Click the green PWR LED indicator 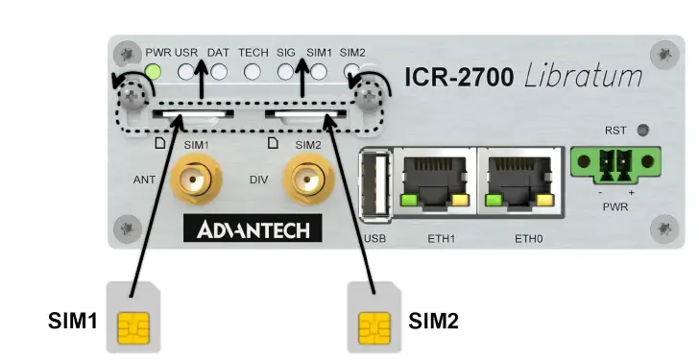tap(154, 71)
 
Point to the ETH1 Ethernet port tap(434, 180)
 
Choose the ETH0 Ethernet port tap(519, 180)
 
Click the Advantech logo tap(253, 229)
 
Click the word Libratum tap(584, 76)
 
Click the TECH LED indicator tap(253, 71)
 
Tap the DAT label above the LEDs tap(218, 52)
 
